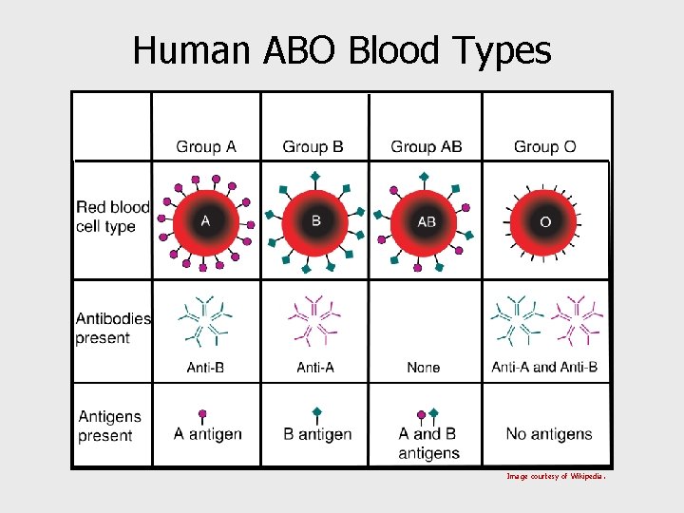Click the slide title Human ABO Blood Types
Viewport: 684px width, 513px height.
[342, 49]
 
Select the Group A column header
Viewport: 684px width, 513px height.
[205, 146]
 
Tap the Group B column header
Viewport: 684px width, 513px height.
[313, 146]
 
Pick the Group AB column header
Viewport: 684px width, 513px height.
[427, 146]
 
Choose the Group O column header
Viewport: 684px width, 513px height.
[544, 146]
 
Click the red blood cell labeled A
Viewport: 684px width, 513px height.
[205, 221]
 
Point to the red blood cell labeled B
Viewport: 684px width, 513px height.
[316, 221]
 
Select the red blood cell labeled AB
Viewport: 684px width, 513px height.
[427, 221]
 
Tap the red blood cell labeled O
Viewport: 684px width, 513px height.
[545, 221]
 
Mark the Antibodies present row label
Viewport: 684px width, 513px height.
[113, 328]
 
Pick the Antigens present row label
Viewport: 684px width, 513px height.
[109, 426]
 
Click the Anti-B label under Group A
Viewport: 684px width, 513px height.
[205, 367]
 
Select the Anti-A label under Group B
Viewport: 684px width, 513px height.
[315, 367]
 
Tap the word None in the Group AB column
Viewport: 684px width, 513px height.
[424, 367]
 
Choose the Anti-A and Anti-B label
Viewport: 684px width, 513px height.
[544, 367]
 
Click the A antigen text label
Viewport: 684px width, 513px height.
[207, 434]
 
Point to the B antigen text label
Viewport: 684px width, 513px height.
[317, 434]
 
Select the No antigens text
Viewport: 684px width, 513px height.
[549, 434]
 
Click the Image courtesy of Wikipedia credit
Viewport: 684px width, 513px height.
[556, 476]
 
